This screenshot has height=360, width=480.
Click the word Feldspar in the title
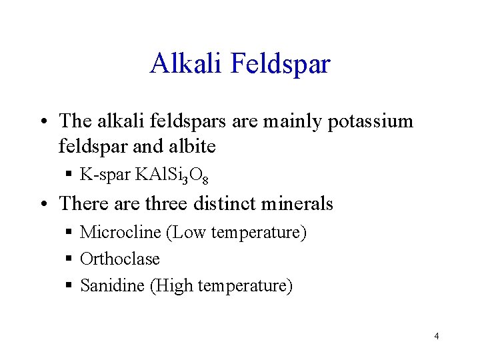[280, 65]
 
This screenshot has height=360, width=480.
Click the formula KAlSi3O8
[172, 176]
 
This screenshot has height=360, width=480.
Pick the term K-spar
[105, 175]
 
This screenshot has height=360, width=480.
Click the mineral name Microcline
[121, 233]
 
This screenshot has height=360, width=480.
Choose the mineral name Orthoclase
[120, 259]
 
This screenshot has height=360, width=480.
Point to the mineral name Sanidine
[113, 286]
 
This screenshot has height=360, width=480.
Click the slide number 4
[436, 336]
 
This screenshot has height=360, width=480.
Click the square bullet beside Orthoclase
[69, 259]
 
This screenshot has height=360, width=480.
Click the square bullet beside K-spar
[69, 176]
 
